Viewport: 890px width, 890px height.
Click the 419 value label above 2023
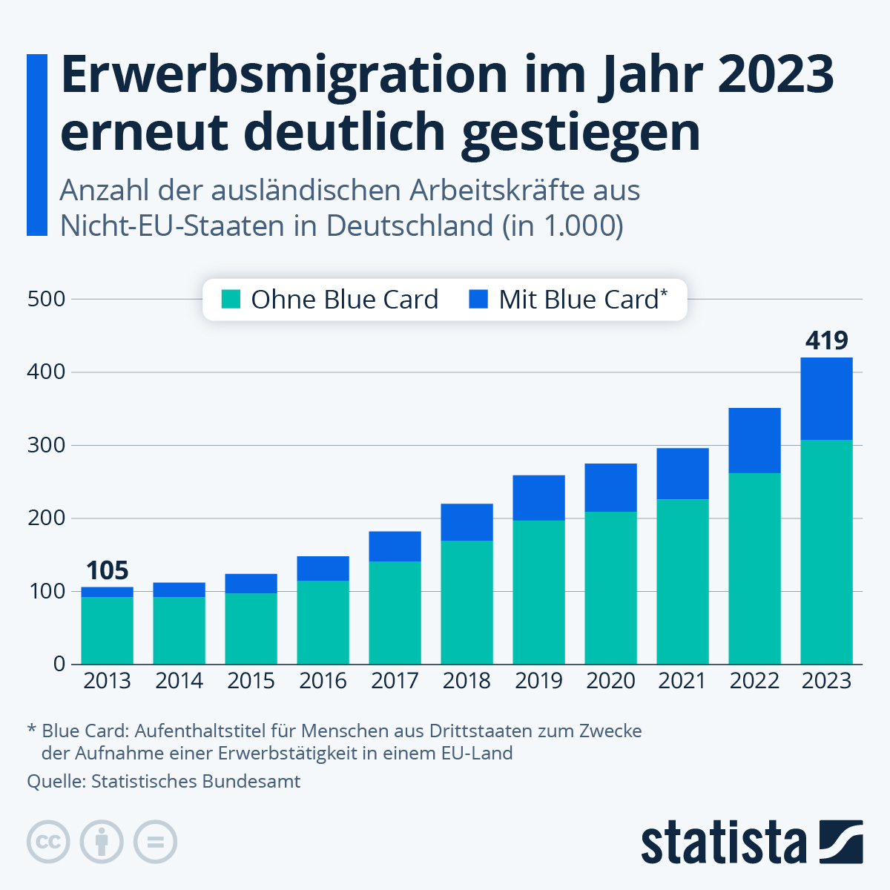coord(826,340)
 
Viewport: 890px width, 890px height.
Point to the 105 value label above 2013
coord(107,570)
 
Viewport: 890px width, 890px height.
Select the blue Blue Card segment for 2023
coord(826,399)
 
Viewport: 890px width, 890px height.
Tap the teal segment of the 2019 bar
coord(538,592)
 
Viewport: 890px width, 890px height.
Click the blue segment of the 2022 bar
coord(754,441)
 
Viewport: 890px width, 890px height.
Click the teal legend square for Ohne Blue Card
coord(231,300)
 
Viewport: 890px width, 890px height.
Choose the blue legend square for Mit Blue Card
coord(479,300)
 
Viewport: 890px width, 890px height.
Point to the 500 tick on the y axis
coord(46,299)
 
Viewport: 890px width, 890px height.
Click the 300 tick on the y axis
coord(46,445)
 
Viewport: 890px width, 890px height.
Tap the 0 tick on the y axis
coord(59,664)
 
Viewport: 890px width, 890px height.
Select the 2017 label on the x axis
coord(395,681)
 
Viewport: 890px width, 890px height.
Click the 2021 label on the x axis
coord(682,681)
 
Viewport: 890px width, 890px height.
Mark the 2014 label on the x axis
coord(179,681)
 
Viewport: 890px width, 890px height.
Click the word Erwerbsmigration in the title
coord(285,74)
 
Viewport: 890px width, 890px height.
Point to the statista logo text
coord(723,843)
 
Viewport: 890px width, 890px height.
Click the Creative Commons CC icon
coord(48,843)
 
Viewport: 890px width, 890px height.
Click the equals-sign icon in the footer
coord(155,843)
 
